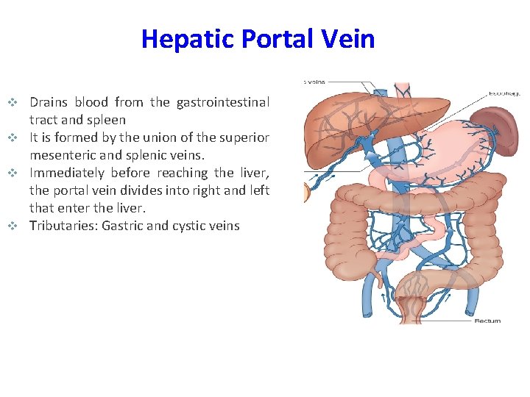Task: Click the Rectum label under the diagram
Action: [x=487, y=321]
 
